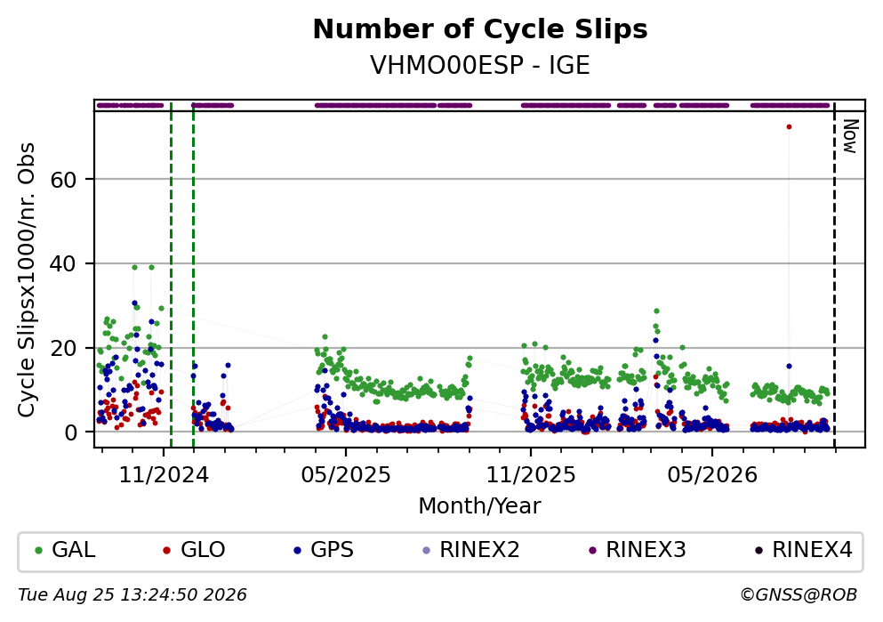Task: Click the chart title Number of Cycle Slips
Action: point(480,29)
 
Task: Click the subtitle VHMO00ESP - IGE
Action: point(480,65)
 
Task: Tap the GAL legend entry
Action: point(65,549)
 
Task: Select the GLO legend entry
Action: point(194,549)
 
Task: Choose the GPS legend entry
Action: point(324,549)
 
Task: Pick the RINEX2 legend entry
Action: point(470,549)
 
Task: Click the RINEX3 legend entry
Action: point(638,549)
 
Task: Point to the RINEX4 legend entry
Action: point(804,549)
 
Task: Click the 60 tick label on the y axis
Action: point(63,180)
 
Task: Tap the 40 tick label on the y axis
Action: point(63,263)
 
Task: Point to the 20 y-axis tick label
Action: point(63,348)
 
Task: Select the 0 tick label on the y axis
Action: point(70,432)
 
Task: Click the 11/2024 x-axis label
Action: point(164,475)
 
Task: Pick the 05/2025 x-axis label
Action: point(346,475)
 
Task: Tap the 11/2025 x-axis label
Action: point(531,475)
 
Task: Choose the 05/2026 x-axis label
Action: point(712,475)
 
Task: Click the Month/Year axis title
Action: point(479,506)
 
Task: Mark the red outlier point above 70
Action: point(789,126)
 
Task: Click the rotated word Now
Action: point(849,136)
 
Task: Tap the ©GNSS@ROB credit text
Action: point(799,595)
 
